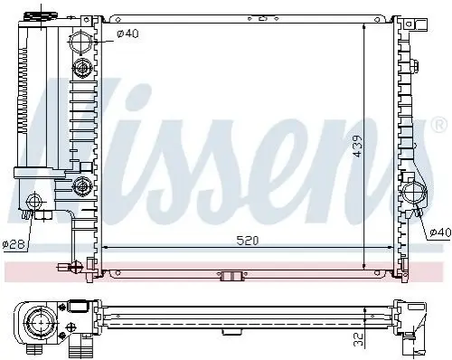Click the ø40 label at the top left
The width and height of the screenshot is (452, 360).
(x=127, y=33)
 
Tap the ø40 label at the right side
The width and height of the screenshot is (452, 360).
(x=440, y=232)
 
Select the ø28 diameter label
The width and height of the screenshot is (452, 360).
(x=14, y=243)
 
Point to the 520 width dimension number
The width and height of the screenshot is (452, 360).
(x=248, y=241)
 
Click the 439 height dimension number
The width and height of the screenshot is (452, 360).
(x=358, y=146)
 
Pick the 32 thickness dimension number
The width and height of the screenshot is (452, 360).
(x=358, y=339)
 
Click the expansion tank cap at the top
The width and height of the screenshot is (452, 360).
(x=41, y=16)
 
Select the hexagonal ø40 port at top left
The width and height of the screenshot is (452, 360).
(x=80, y=42)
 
